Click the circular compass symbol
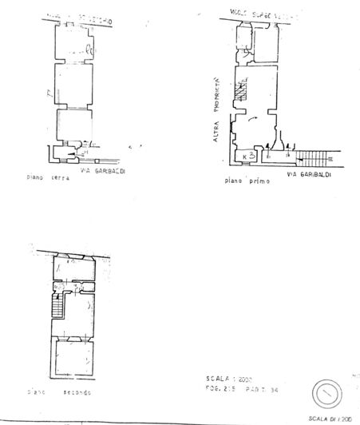[326, 392]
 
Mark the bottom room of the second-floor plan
[77, 357]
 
